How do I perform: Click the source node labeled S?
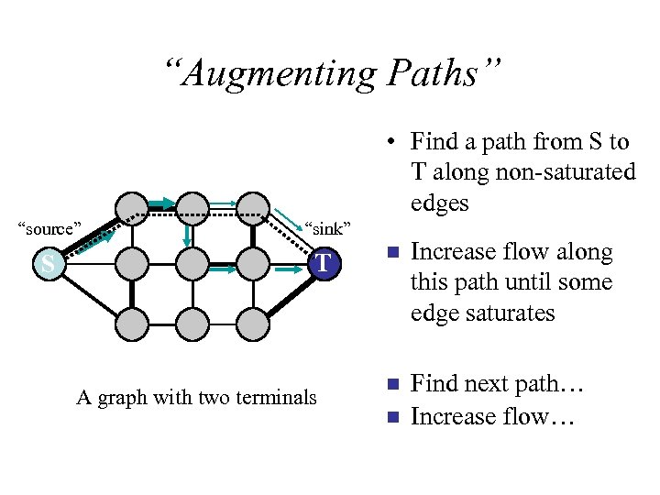[47, 265]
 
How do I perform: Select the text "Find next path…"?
[496, 384]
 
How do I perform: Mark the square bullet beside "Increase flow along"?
[391, 252]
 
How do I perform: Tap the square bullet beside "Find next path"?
[391, 384]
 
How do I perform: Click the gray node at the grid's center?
[192, 265]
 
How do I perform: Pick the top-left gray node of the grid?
[133, 206]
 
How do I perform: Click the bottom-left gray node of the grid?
[133, 323]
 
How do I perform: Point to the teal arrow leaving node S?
[92, 242]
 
